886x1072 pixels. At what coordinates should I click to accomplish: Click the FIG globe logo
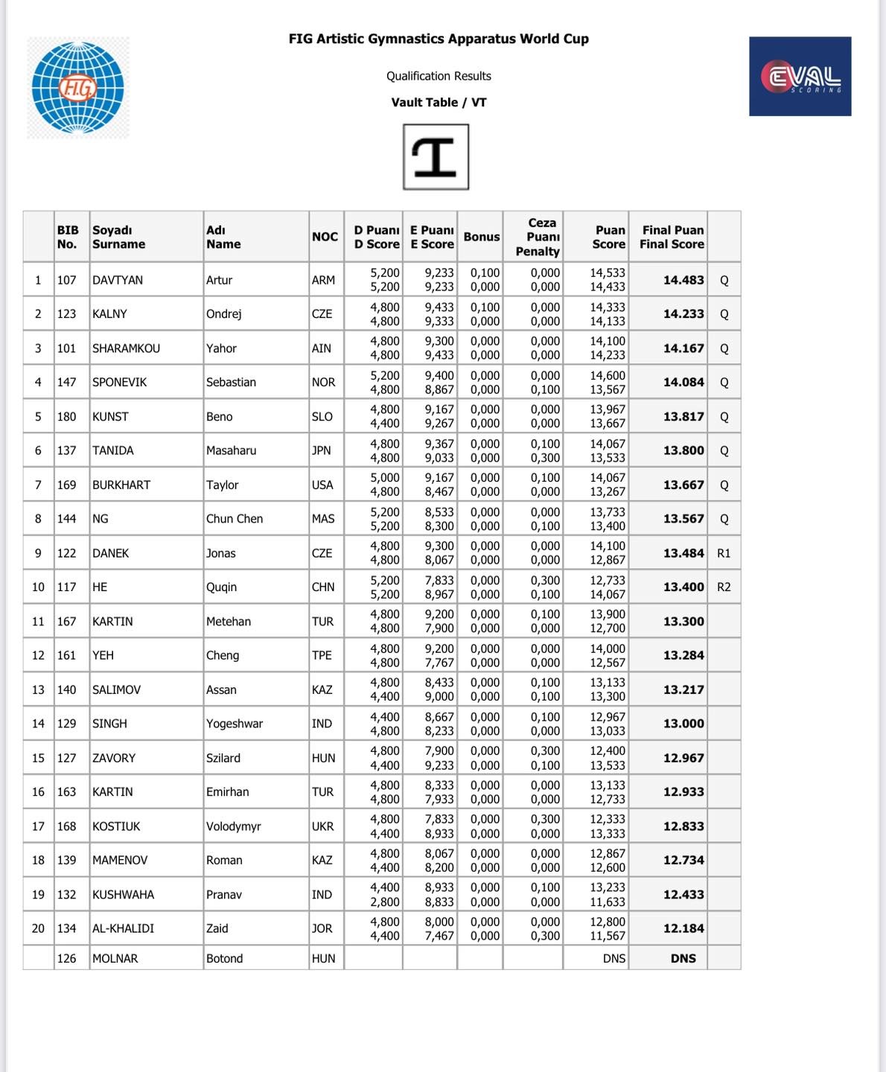(77, 88)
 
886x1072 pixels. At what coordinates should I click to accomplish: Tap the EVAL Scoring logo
(800, 77)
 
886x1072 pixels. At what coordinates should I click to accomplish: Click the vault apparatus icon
(436, 157)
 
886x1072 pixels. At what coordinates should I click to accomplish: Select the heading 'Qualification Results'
(439, 76)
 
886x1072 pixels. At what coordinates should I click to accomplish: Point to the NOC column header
(325, 237)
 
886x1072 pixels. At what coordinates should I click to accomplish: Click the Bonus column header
(481, 237)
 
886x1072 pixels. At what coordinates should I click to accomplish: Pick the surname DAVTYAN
(118, 280)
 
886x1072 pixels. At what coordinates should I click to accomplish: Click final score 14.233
(683, 314)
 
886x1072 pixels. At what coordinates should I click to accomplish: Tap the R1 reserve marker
(724, 553)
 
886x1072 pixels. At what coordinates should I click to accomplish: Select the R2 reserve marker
(724, 587)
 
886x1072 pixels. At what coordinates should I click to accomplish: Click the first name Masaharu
(231, 450)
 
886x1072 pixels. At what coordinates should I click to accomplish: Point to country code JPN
(322, 450)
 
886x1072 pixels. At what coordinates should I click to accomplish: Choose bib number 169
(66, 485)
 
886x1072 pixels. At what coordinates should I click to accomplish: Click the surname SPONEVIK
(119, 382)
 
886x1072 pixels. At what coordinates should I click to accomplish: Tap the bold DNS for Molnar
(683, 958)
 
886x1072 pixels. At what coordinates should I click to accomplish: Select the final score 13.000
(683, 724)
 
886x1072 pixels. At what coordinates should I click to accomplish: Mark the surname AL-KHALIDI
(123, 928)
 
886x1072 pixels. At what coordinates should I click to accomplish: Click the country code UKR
(322, 826)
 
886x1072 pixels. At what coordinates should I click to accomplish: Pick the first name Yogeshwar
(235, 724)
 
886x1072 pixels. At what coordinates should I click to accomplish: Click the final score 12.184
(683, 928)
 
